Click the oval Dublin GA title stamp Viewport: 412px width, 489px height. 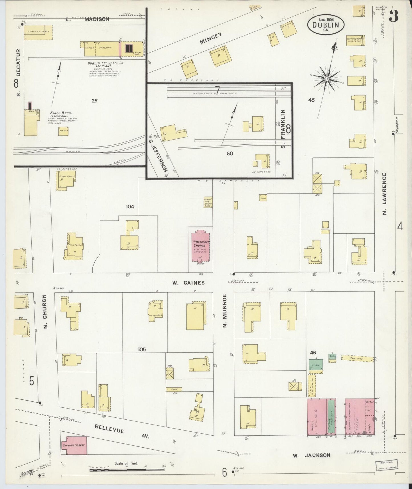(x=326, y=25)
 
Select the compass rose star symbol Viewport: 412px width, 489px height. (x=327, y=78)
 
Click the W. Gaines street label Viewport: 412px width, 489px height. (x=188, y=283)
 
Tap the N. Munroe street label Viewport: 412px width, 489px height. (x=225, y=311)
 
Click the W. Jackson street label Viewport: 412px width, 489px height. (x=311, y=455)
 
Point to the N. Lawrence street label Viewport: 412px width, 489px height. (x=384, y=194)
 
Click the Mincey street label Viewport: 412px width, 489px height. (x=211, y=38)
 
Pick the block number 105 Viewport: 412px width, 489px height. (x=142, y=349)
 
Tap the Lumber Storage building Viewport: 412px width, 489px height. (x=38, y=32)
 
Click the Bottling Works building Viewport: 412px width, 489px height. (x=355, y=41)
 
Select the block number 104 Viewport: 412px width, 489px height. (x=130, y=206)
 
